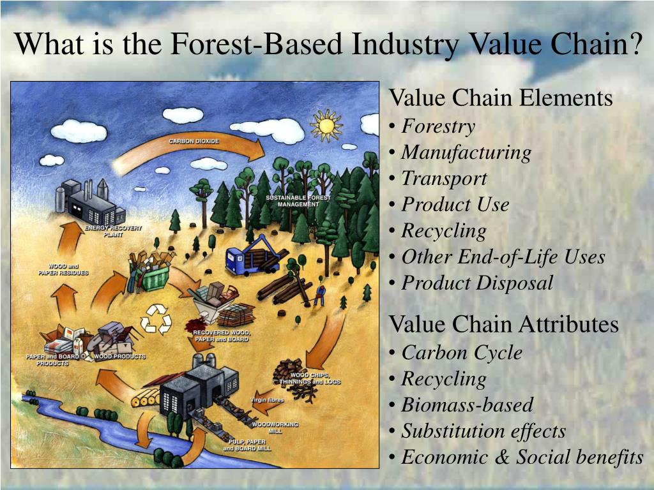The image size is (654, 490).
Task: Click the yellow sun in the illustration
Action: (326, 126)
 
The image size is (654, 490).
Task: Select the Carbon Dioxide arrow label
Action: (194, 140)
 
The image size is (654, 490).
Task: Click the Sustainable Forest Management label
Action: (298, 201)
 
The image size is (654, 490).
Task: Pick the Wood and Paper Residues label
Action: (62, 269)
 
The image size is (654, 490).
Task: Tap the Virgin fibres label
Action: (267, 400)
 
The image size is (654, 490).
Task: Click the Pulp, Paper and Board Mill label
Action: (247, 445)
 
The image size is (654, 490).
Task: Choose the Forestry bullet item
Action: (437, 126)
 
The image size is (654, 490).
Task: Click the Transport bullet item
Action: (443, 179)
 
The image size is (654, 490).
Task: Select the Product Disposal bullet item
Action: (476, 283)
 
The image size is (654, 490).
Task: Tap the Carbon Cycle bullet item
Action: (461, 352)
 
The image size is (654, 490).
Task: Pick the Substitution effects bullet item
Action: (483, 431)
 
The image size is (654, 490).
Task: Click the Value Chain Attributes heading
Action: (504, 324)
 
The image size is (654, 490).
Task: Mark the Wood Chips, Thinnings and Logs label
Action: (310, 378)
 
